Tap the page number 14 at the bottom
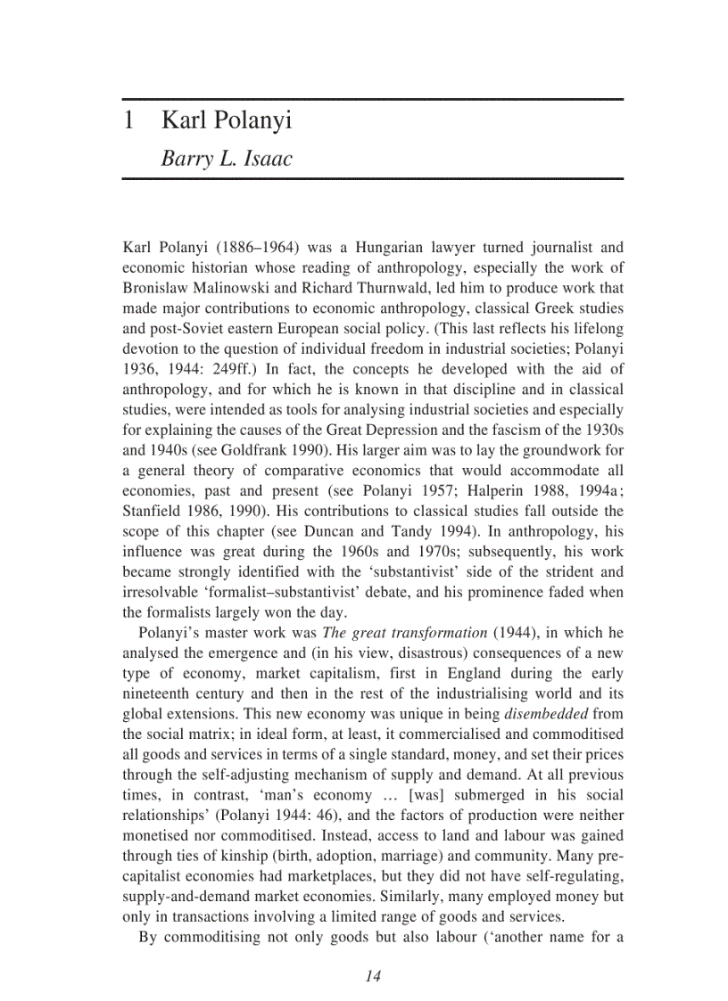(x=373, y=976)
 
